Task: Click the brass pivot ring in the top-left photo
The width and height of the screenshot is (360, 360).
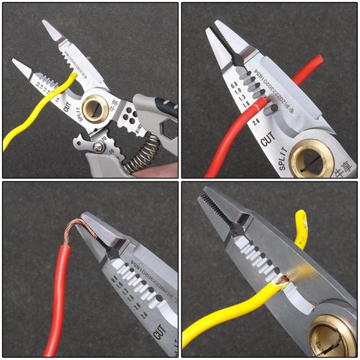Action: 95,109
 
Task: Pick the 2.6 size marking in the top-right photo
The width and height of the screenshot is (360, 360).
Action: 257,123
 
